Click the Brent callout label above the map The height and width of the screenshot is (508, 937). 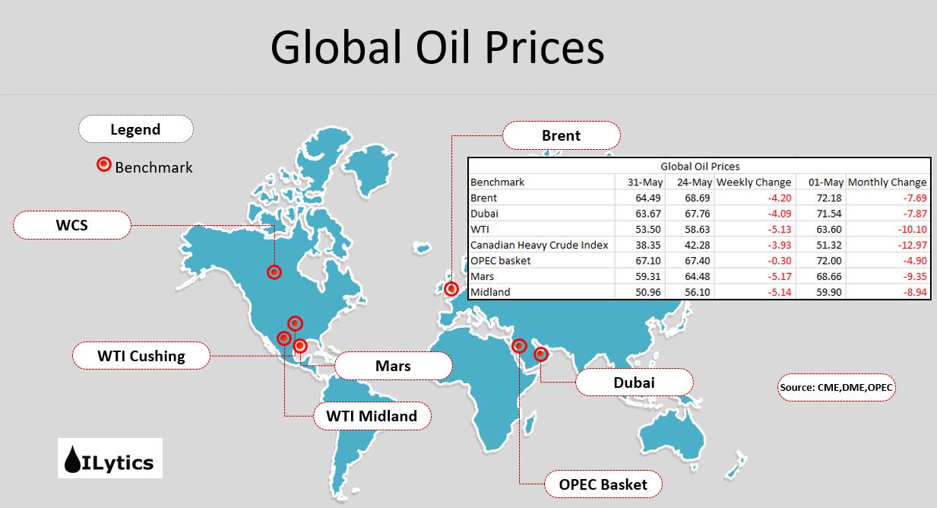tap(561, 135)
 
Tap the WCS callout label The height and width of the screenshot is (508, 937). tap(72, 225)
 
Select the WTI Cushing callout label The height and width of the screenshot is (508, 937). tap(141, 356)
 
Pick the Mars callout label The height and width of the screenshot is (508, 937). tap(393, 366)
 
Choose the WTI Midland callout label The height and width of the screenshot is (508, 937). tap(372, 416)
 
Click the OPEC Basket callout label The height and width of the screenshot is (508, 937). tap(603, 484)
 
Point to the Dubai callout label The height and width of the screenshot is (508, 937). tap(634, 383)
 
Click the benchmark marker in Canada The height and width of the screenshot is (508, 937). tap(274, 272)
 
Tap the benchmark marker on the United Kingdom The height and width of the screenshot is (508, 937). tap(451, 289)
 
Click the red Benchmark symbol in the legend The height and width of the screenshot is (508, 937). tap(104, 164)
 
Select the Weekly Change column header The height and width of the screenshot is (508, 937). tap(754, 183)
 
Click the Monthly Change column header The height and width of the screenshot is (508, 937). tap(887, 183)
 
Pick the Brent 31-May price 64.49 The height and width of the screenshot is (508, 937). tap(648, 198)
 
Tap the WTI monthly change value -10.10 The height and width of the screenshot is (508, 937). tap(912, 230)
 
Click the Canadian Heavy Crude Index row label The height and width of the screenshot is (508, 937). tap(539, 245)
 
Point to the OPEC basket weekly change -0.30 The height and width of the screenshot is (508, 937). tap(779, 261)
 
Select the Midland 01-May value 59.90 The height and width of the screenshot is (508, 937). tap(828, 292)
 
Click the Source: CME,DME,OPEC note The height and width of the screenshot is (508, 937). tap(837, 388)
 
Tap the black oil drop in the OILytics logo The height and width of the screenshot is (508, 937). tap(72, 459)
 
